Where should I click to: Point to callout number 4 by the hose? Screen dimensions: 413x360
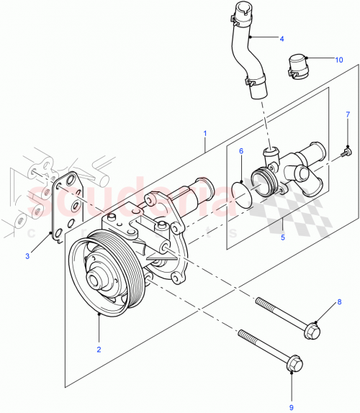282,38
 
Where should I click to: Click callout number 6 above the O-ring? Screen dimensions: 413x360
241,151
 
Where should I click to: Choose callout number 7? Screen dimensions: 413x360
347,115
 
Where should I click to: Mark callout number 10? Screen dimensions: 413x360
339,61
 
